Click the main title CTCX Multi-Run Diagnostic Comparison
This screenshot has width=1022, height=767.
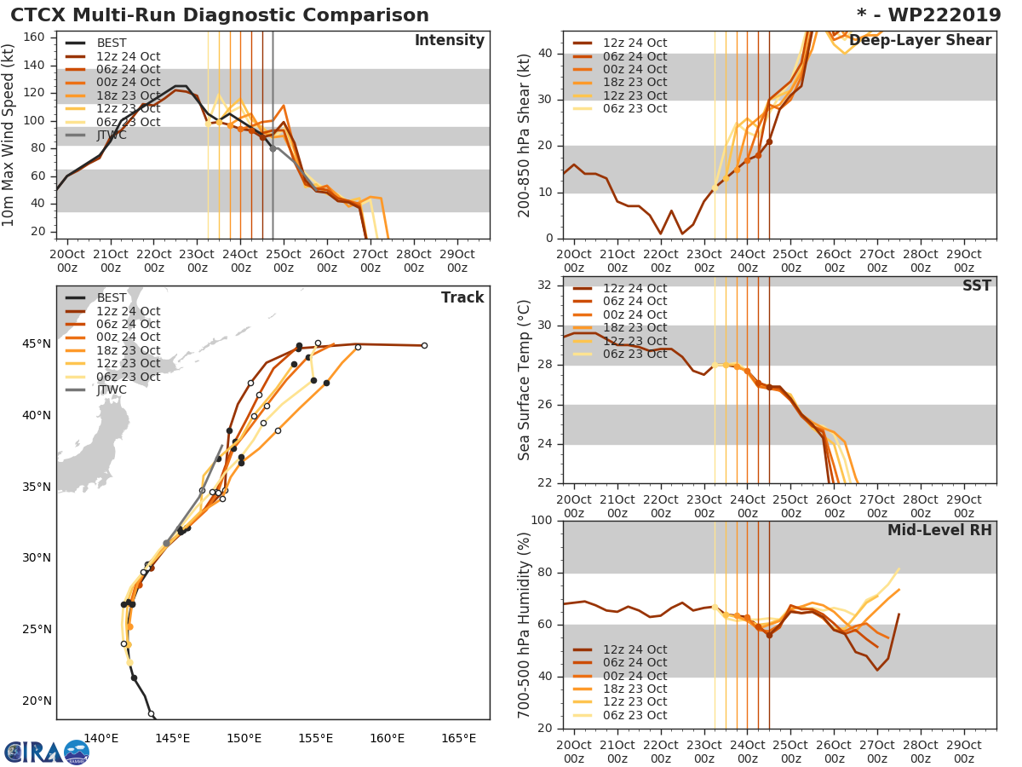pos(220,15)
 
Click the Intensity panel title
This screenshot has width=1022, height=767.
pos(449,41)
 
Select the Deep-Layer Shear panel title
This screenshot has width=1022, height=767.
pos(920,41)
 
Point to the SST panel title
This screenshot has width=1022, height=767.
pos(976,285)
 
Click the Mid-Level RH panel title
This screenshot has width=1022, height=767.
pos(939,530)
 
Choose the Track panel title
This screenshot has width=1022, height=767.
pos(462,297)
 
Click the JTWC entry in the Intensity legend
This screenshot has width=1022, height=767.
pos(112,135)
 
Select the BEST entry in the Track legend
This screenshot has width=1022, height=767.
pos(112,297)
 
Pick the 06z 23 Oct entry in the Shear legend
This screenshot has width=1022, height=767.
pos(634,108)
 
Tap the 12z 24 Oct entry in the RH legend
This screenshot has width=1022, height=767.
pos(634,649)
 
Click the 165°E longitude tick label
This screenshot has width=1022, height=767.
pos(458,738)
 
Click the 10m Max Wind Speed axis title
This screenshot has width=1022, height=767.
pos(9,136)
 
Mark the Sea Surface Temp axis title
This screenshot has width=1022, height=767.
pos(525,379)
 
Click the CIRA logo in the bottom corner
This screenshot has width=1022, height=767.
pos(46,752)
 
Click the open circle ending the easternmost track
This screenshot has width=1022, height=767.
pos(424,345)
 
